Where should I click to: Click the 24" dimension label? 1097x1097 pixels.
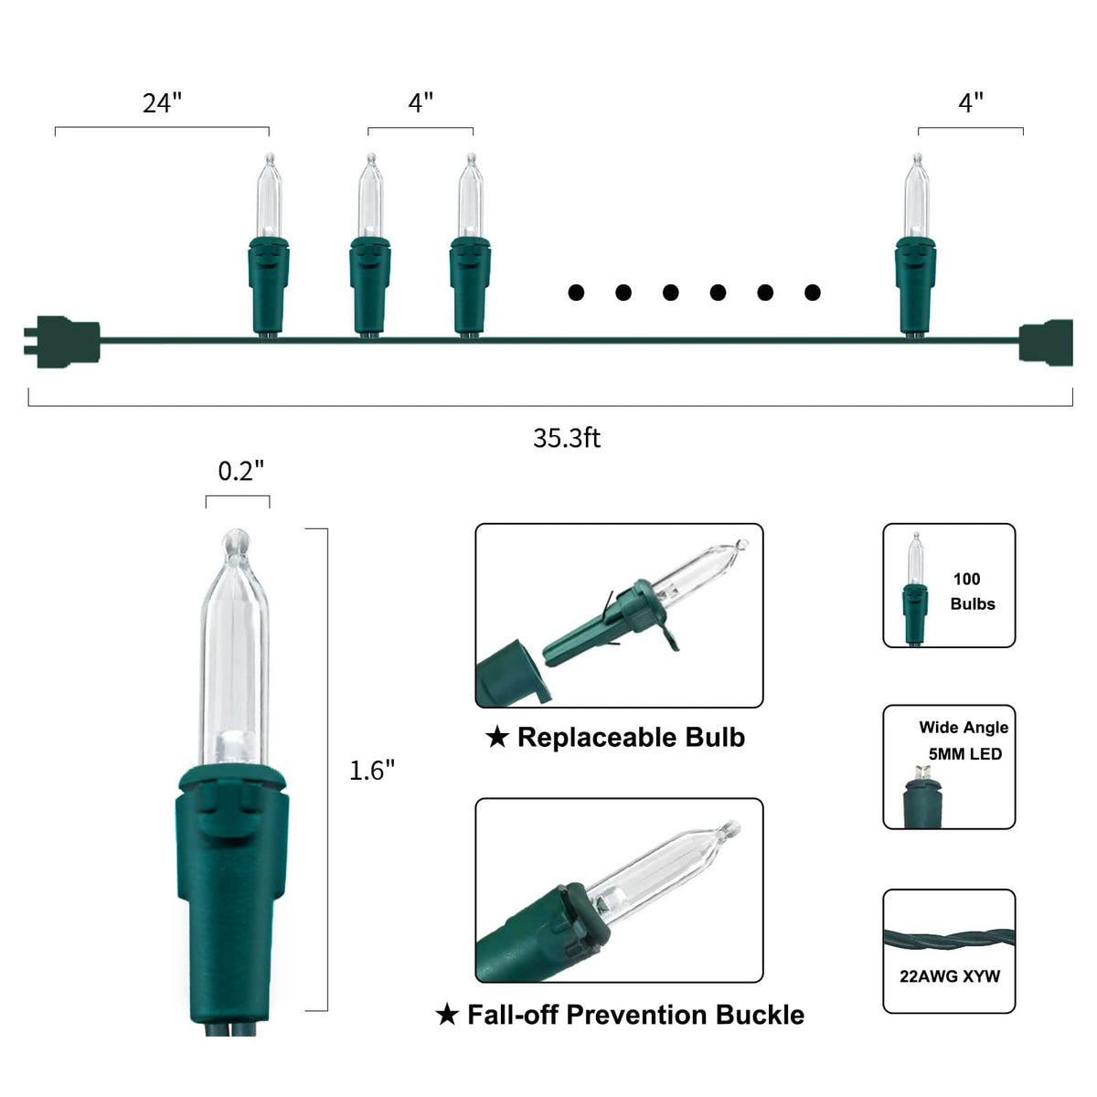(x=162, y=103)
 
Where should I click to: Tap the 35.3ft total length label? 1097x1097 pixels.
(x=567, y=438)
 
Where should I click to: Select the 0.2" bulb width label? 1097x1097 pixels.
(x=240, y=471)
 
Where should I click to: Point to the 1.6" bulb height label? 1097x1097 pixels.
(x=372, y=771)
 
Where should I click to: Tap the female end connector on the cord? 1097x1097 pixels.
(x=1046, y=342)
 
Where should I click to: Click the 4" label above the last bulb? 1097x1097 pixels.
(x=971, y=103)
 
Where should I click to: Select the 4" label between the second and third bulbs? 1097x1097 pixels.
(x=421, y=103)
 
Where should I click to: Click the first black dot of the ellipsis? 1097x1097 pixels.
(x=576, y=293)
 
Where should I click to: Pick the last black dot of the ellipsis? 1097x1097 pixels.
(x=813, y=293)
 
